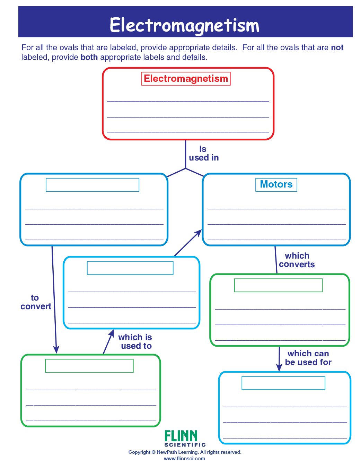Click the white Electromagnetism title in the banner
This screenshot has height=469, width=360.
tap(184, 25)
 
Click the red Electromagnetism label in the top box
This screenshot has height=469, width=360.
tap(186, 79)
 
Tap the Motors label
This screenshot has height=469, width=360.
tap(276, 184)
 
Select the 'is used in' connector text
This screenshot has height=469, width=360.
tap(204, 154)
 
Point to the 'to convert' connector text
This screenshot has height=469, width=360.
tap(36, 302)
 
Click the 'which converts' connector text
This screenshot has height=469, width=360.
tap(297, 260)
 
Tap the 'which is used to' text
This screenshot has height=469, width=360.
tap(135, 341)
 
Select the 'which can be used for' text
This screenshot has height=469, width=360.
tap(308, 358)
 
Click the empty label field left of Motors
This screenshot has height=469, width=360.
tap(93, 185)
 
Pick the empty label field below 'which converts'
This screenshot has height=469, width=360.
tap(278, 285)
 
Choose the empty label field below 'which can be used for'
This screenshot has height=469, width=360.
tap(283, 383)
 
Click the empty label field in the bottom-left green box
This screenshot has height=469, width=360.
tap(89, 366)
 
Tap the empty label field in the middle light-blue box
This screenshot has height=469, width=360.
tap(130, 268)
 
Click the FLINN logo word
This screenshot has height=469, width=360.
tap(181, 436)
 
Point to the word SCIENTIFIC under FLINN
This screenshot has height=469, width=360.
tap(185, 445)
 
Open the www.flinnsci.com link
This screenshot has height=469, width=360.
tap(184, 459)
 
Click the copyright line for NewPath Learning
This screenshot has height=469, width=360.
tap(185, 452)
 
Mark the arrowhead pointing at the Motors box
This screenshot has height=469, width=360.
tap(199, 233)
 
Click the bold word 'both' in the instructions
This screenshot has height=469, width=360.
tap(89, 57)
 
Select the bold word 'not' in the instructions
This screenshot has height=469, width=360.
tap(337, 47)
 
